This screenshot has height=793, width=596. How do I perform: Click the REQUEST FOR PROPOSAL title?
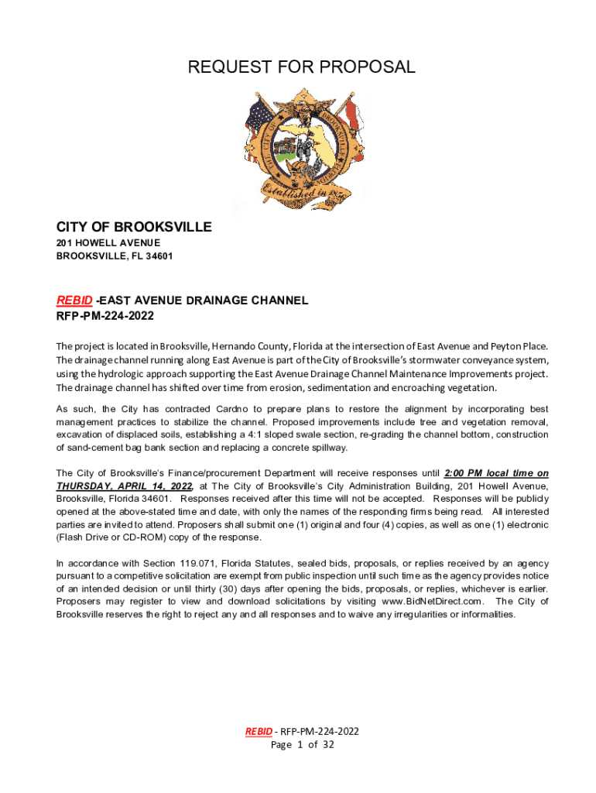pos(302,67)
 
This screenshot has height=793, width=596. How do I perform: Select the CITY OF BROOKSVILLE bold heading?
pos(134,227)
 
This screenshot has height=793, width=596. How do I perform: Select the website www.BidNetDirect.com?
pos(433,601)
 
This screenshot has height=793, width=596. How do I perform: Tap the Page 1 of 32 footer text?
pos(302,745)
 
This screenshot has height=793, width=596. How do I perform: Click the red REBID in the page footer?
pos(259,731)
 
